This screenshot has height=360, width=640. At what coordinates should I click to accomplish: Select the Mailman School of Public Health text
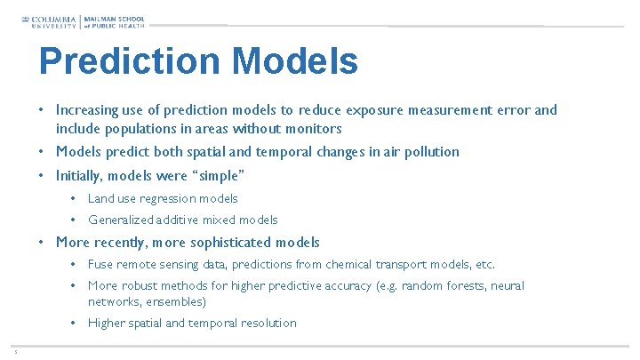114,20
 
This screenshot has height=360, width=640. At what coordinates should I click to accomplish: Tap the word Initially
82,175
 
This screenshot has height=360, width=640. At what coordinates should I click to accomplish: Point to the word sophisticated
228,243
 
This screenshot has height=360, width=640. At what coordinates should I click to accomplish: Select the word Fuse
100,264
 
